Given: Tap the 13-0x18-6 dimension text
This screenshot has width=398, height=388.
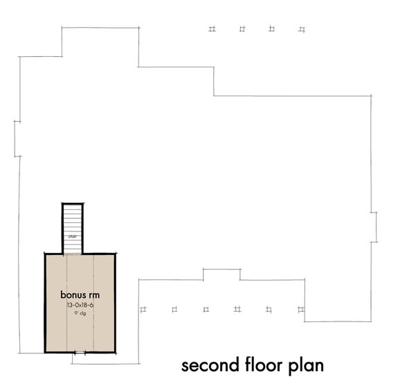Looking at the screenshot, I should pyautogui.click(x=80, y=304).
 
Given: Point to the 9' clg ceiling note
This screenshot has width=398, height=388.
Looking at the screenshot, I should pyautogui.click(x=80, y=312).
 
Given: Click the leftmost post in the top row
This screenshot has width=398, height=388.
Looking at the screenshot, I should pyautogui.click(x=212, y=29).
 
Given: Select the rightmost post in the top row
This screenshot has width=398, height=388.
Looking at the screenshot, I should pyautogui.click(x=301, y=29).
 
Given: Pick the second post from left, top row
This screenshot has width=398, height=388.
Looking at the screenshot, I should pyautogui.click(x=242, y=29).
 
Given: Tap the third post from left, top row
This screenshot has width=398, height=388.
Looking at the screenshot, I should pyautogui.click(x=272, y=29).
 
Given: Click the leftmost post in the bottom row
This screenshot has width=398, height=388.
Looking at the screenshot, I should pyautogui.click(x=143, y=308).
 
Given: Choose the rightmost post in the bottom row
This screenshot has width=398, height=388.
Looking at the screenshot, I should pyautogui.click(x=300, y=308).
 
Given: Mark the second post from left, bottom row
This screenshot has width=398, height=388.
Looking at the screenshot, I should pyautogui.click(x=174, y=308).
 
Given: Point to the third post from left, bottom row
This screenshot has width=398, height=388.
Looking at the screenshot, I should pyautogui.click(x=206, y=308).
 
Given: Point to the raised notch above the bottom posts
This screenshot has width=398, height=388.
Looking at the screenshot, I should pyautogui.click(x=221, y=273).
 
